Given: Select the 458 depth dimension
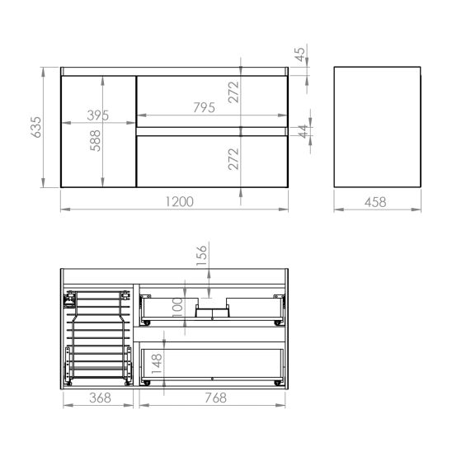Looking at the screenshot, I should coord(377,202).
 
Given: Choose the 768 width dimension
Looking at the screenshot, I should coord(214,398).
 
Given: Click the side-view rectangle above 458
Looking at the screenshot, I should coord(377,127).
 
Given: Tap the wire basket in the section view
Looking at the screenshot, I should coord(98,338).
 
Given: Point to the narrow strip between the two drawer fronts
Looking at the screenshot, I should coord(213,130).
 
